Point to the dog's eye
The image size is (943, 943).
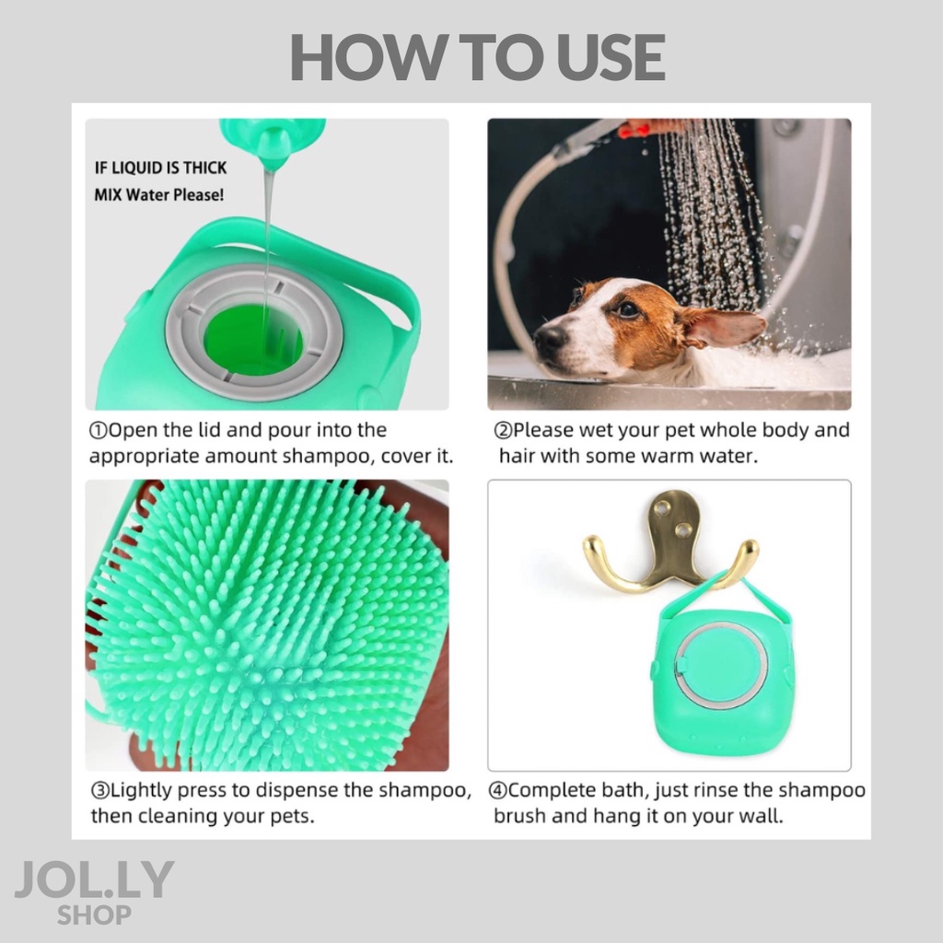click(628, 309)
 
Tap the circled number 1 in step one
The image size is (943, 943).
click(98, 431)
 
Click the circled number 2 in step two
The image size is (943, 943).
click(502, 431)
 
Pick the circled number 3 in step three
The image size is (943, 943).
click(99, 790)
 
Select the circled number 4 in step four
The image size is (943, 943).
click(496, 790)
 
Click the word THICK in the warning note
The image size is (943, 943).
click(205, 168)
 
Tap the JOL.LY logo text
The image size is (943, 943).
click(95, 879)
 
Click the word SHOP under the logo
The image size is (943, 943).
click(95, 914)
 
